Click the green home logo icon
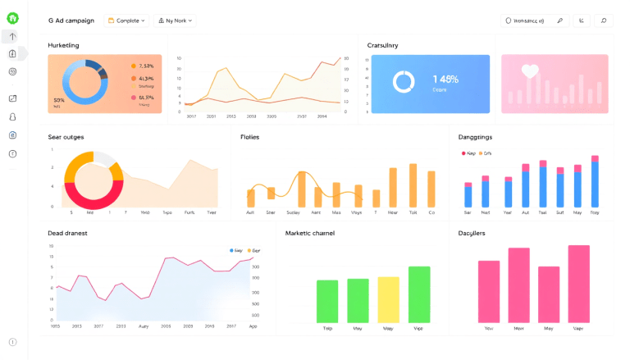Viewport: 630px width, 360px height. (x=12, y=18)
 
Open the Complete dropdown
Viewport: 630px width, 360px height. (x=126, y=21)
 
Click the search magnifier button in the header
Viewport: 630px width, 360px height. (x=604, y=21)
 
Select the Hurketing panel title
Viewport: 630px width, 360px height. (x=63, y=45)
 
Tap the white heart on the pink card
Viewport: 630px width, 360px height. (x=531, y=71)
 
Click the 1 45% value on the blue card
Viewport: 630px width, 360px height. (x=445, y=80)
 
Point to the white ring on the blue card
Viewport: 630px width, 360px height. (x=404, y=82)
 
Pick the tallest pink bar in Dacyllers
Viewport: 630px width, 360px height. (x=579, y=283)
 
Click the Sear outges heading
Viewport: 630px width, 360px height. (x=66, y=137)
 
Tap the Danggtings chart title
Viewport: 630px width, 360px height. (x=475, y=137)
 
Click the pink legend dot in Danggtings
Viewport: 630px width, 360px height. (x=463, y=153)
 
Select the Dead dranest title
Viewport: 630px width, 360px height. (x=68, y=233)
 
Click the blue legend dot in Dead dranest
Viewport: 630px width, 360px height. (x=232, y=250)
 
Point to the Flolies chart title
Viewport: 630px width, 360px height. (x=249, y=137)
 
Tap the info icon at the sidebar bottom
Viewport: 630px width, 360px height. (x=12, y=342)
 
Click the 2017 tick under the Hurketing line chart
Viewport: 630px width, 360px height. (x=191, y=116)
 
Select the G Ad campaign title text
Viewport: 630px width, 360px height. (x=71, y=21)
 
